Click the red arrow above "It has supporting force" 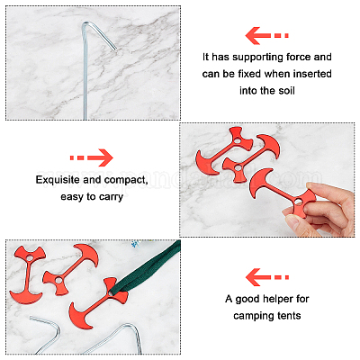[x=266, y=35]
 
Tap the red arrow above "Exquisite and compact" [x=92, y=157]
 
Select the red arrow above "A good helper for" [x=267, y=277]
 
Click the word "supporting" [x=254, y=58]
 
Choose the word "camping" [x=250, y=316]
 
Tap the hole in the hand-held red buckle [x=299, y=201]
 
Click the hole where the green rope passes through [x=112, y=292]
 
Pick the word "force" [x=294, y=57]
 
